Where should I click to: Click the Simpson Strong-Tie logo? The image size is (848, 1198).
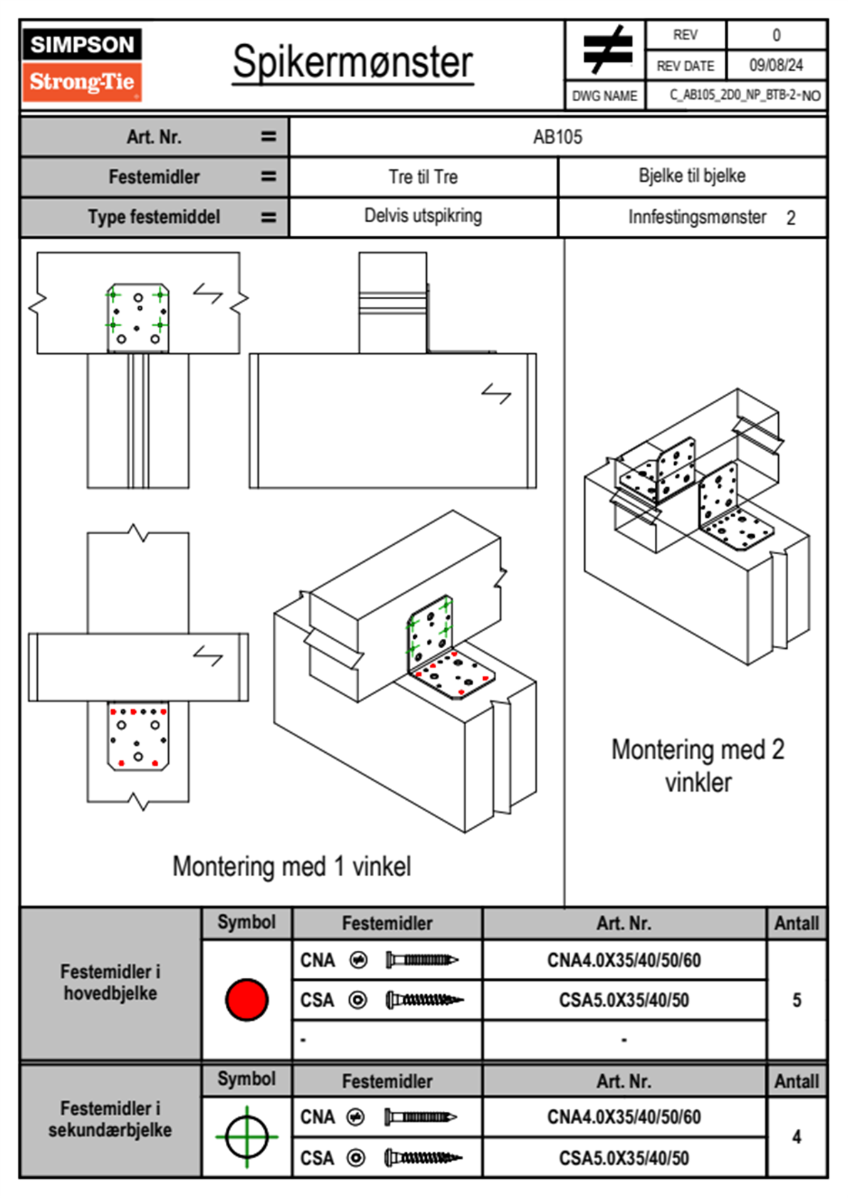point(82,64)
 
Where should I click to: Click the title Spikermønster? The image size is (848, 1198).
point(352,62)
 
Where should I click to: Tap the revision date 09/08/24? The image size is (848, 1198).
point(775,66)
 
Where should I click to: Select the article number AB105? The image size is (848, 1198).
point(557,137)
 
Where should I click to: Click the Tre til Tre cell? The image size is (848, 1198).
point(423,177)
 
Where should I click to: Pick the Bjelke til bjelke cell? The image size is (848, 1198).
point(692,176)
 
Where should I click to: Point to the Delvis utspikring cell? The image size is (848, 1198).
point(423,216)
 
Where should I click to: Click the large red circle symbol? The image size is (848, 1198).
point(247,999)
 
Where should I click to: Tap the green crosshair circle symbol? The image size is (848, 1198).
point(247,1137)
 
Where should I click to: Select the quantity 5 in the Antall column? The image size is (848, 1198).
point(797,1000)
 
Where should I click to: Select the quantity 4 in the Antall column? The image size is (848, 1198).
point(797,1137)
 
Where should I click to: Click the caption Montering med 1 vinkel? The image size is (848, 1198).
point(291,866)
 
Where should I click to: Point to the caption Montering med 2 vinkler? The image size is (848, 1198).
point(698,766)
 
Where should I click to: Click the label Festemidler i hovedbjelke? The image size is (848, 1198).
point(110,982)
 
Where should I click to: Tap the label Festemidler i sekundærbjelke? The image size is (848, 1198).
point(110,1119)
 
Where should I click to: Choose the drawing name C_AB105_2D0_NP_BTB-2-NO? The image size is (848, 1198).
point(745,95)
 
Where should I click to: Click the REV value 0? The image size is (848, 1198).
point(776,35)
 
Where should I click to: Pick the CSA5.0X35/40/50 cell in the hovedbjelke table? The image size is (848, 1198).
point(624,1000)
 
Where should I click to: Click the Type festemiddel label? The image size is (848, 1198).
point(154,217)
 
